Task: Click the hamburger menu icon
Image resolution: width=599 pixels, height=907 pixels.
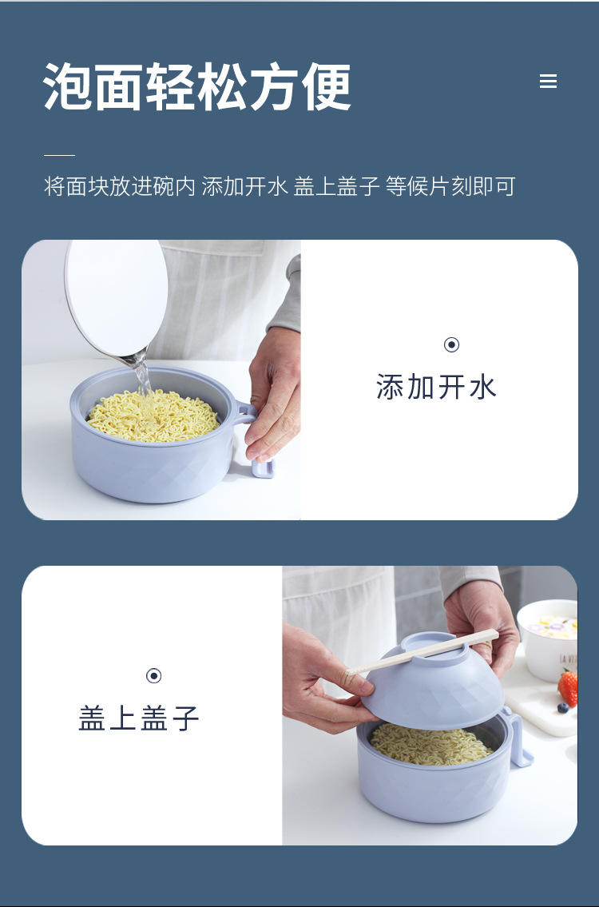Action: coord(548,82)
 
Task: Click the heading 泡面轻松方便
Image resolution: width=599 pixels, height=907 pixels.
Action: coord(197,86)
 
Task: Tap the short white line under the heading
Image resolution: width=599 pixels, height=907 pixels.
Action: coord(59,155)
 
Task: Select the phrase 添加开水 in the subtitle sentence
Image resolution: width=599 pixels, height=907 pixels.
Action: coord(244,187)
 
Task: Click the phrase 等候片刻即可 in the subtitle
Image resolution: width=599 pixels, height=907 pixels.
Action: coord(450,187)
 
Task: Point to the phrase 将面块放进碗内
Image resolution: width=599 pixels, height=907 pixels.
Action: coord(120,187)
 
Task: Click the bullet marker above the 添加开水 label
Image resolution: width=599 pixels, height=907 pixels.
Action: coord(451,345)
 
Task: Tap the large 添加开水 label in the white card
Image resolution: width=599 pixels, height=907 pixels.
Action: coord(436,388)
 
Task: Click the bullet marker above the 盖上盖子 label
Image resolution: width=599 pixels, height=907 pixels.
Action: coord(154,676)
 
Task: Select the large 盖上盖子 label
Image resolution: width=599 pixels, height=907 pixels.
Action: coord(139,718)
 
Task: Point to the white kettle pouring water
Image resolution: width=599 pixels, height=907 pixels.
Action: coord(116,296)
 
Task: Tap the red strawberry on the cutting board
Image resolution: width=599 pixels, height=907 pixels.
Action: coord(568,687)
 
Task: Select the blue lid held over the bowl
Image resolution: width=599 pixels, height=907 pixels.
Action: coord(431,683)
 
